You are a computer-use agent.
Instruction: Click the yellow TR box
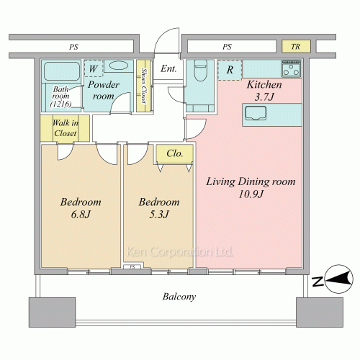point(296,46)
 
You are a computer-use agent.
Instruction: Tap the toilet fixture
point(200,70)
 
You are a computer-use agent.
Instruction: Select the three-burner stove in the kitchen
point(292,68)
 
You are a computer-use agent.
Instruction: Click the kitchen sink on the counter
point(256,113)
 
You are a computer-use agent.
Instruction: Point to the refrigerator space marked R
point(230,70)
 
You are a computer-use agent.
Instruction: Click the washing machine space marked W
point(94,68)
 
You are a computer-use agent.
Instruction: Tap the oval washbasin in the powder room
point(118,66)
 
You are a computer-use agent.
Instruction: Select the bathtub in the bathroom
point(62,71)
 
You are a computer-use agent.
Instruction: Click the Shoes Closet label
point(144,86)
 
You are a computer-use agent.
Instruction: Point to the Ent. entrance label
point(168,69)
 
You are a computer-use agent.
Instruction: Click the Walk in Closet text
point(66,128)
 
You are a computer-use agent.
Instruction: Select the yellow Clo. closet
point(175,153)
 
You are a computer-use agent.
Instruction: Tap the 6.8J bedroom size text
point(81,215)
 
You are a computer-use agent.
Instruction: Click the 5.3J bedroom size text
point(159,215)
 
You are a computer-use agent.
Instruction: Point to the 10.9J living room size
point(251,194)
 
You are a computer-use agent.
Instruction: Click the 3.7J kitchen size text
point(264,97)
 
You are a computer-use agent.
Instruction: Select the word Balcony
point(179,297)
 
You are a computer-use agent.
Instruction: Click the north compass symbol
point(338,279)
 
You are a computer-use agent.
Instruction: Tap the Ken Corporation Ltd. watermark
point(179,252)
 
